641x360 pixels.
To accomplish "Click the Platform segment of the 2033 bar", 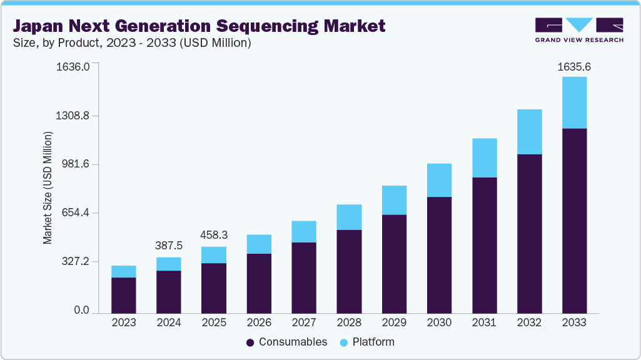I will pos(574,102).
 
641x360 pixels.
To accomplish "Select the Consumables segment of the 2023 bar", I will pos(124,295).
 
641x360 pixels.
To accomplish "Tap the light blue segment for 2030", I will pos(439,180).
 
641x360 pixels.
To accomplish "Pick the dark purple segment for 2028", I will pos(349,271).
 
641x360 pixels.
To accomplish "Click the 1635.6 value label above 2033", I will pos(574,66).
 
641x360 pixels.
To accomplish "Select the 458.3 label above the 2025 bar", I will pos(214,236).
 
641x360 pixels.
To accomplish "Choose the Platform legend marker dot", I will pos(344,342).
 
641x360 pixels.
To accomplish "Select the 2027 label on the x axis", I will pos(304,323).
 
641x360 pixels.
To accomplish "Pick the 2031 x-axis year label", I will pos(484,323).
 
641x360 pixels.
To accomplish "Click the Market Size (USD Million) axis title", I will pos(48,188).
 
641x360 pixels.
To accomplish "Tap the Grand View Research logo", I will pos(579,30).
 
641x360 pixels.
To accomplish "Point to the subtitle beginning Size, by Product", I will pos(131,42).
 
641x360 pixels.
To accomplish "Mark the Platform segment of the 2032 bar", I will pos(529,132).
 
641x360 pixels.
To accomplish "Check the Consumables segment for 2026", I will pos(259,283).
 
